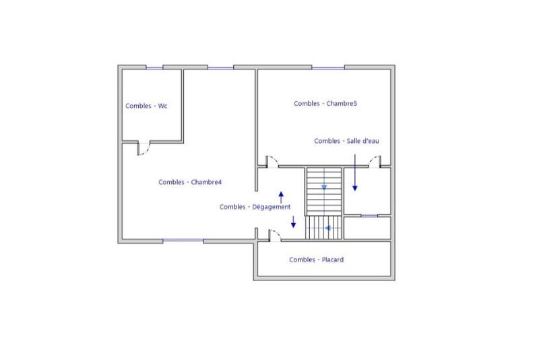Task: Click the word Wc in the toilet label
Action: point(162,106)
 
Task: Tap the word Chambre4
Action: point(207,182)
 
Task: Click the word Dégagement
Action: point(272,207)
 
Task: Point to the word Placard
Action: point(331,260)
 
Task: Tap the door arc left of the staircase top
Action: point(272,160)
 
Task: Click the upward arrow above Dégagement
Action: point(281,196)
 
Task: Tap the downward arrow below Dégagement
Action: point(293,222)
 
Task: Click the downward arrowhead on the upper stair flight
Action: point(324,187)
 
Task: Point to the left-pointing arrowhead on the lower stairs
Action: point(327,228)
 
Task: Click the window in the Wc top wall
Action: point(155,67)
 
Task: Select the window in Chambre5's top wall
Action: point(328,67)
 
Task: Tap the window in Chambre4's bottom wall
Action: point(183,241)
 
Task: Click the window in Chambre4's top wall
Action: point(220,67)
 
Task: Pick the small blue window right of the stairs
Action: point(368,216)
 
